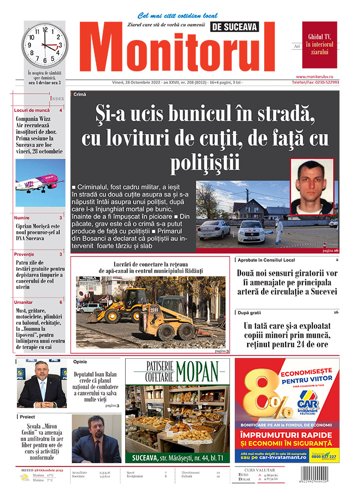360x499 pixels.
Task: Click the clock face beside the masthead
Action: (44, 45)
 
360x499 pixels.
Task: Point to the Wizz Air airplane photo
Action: (40, 183)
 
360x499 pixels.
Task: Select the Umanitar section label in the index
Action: (23, 302)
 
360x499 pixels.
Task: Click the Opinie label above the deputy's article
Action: (80, 362)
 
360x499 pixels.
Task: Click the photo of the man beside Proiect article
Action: (96, 439)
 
